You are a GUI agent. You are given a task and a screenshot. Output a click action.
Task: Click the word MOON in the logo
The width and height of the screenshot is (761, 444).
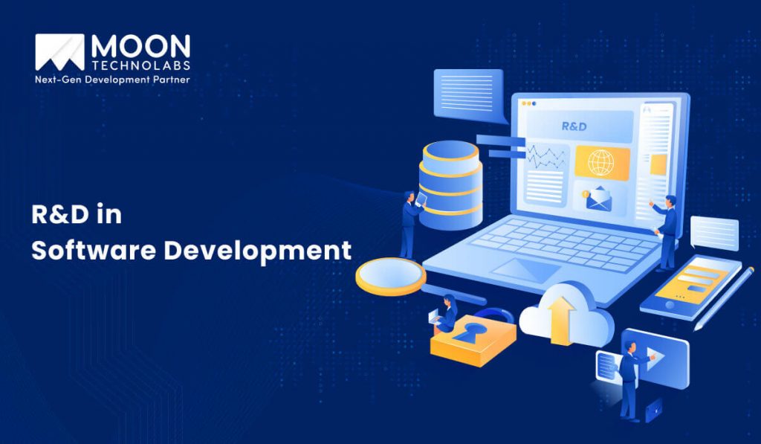pos(140,47)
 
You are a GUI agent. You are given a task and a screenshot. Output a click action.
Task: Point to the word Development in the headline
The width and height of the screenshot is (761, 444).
pos(257,251)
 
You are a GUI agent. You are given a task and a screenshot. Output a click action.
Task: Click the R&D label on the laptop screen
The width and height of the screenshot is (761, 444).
pos(574,126)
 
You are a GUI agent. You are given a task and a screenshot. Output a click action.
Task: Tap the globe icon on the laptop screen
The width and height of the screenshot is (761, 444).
pos(601,161)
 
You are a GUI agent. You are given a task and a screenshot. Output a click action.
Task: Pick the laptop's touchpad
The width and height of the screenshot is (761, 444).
pos(527,269)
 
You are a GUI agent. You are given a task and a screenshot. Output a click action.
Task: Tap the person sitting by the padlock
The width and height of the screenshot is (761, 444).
pos(448,313)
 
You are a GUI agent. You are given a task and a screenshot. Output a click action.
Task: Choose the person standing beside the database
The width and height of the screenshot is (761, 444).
pos(410,223)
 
